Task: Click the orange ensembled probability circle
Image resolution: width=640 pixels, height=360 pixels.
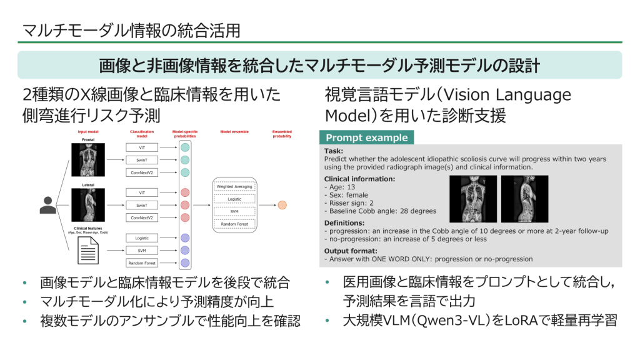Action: coord(282,205)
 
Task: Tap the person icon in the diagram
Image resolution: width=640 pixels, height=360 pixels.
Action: coord(47,204)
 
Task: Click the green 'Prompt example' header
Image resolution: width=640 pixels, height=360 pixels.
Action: coord(366,137)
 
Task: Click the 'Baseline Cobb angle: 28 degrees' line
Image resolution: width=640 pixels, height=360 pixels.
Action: coord(381,211)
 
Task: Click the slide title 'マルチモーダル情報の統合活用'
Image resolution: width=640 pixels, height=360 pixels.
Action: coord(131,30)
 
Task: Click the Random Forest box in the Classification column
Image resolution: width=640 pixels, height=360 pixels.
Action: coord(141,263)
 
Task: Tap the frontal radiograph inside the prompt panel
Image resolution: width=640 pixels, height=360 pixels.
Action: coord(473,198)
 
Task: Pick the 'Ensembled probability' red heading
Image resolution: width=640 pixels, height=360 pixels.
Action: coord(282,134)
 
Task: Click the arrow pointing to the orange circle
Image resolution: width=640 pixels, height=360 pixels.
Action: coord(267,205)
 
